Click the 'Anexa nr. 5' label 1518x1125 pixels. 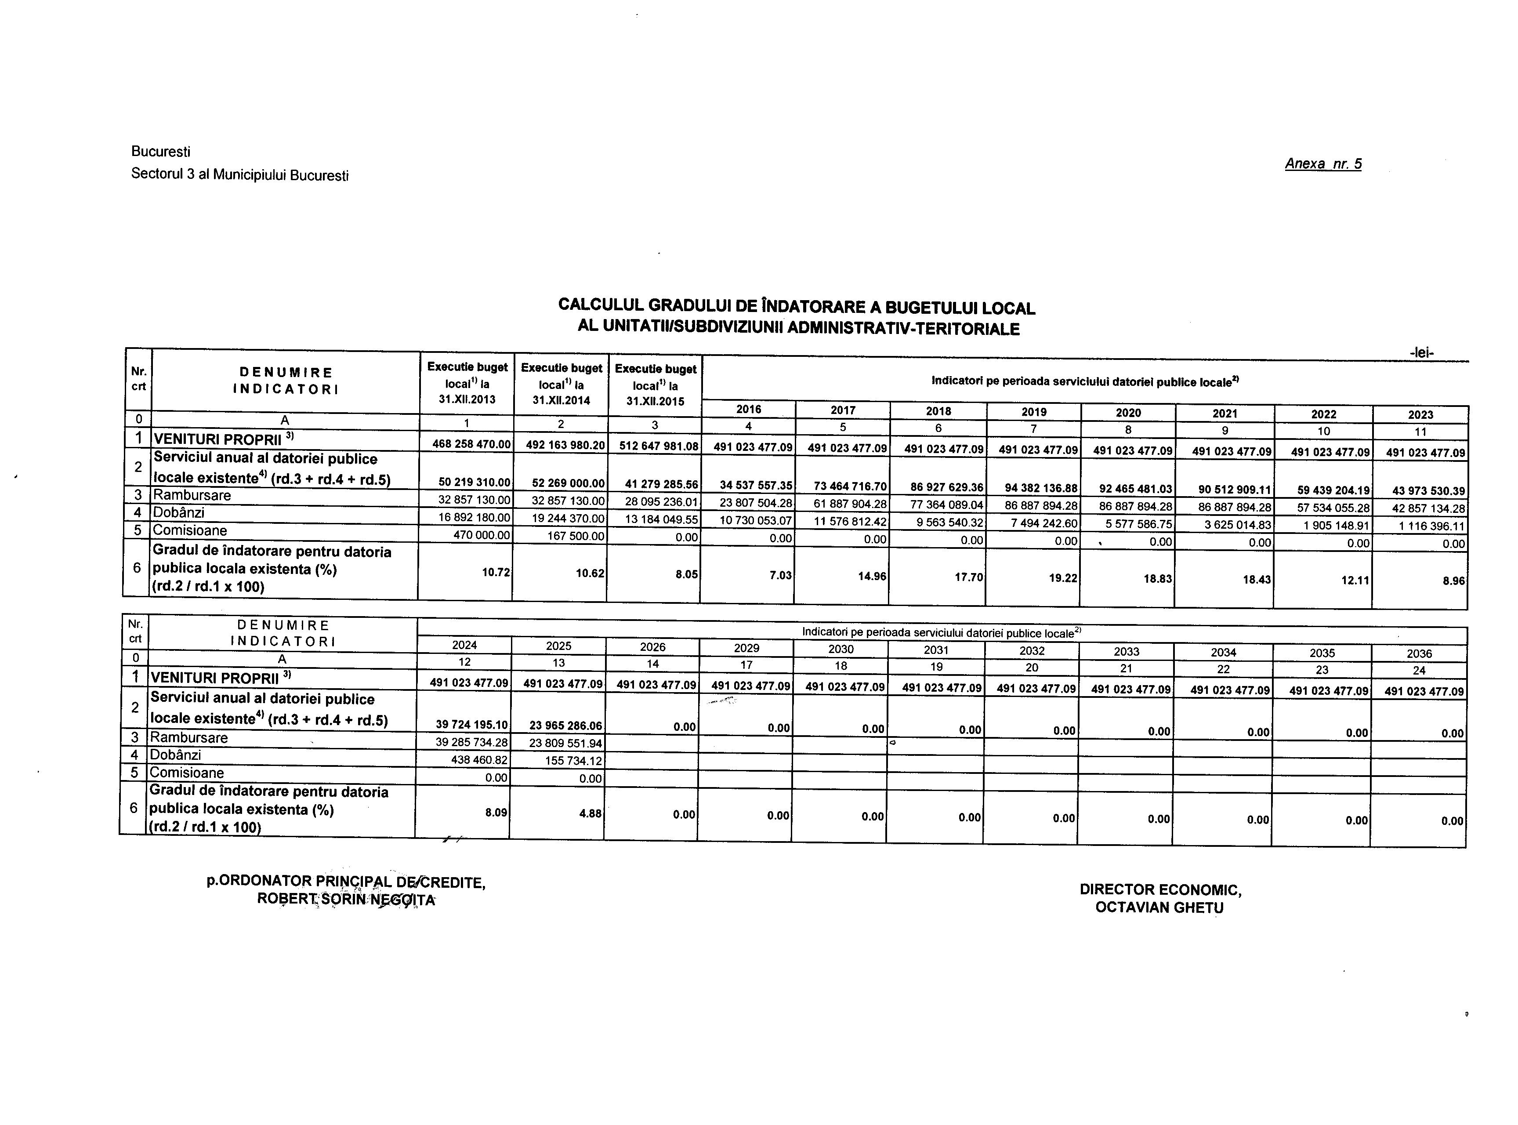point(1322,164)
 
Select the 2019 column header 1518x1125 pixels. point(1033,411)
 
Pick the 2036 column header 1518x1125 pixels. point(1419,653)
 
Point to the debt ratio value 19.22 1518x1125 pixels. point(1062,577)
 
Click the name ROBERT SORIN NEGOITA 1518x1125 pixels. point(346,899)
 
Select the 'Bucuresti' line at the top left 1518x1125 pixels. point(161,151)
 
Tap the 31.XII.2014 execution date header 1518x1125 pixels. point(561,400)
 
